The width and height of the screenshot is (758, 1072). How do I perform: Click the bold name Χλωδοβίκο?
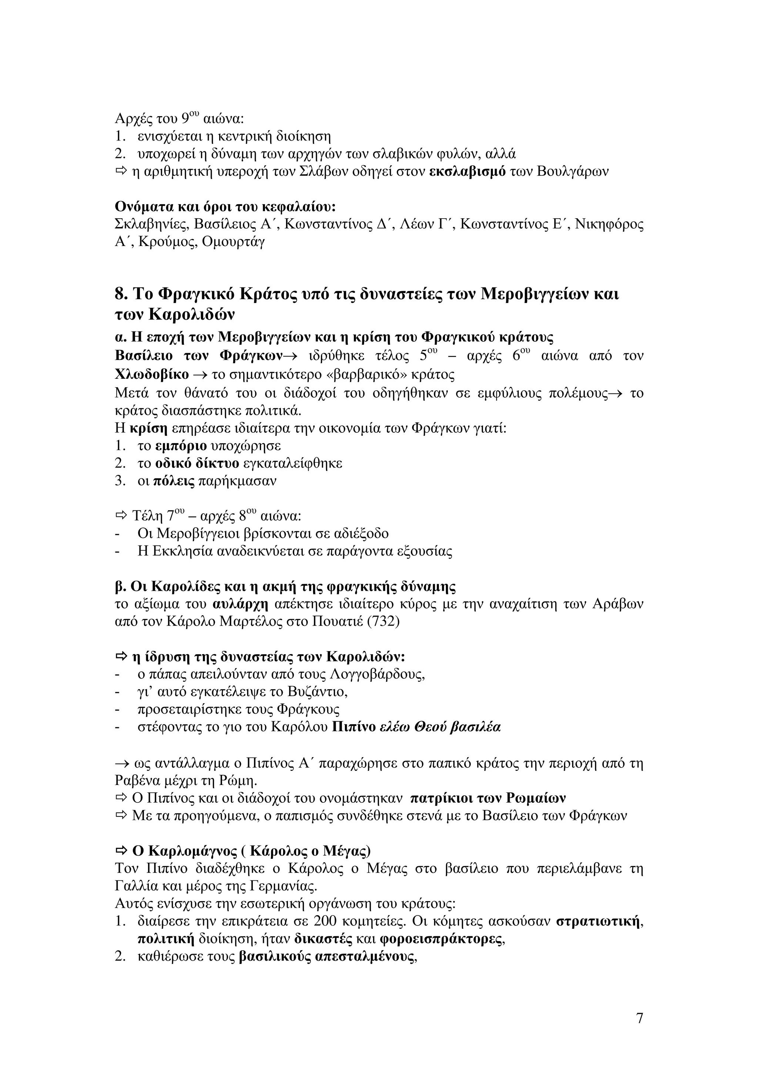(152, 374)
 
